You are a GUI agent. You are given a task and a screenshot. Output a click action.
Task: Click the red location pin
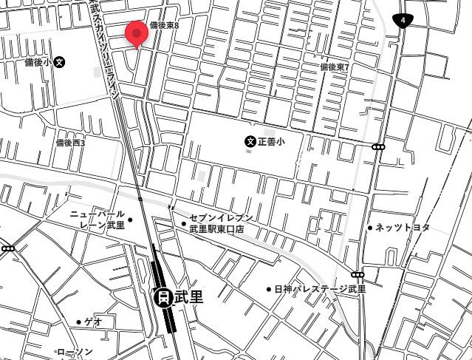[x=136, y=34]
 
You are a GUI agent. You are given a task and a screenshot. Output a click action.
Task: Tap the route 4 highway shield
[x=402, y=21]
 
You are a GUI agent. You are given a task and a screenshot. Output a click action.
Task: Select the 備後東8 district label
[x=164, y=25]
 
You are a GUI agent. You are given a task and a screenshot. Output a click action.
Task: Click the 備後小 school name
[x=38, y=63]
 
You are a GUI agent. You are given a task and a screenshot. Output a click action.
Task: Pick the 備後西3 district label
[x=70, y=143]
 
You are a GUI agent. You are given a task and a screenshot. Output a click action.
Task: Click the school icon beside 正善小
[x=250, y=140]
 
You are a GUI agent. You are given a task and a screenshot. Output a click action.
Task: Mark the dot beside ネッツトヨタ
[x=370, y=228]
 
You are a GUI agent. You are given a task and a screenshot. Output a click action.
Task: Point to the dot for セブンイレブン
[x=183, y=223]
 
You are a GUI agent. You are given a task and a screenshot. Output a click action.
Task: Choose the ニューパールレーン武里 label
[x=98, y=220]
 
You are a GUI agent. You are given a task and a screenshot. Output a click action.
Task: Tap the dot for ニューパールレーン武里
[x=131, y=220]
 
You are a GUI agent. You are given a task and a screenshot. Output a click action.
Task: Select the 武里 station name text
[x=188, y=297]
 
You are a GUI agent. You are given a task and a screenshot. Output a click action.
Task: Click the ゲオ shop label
[x=94, y=322]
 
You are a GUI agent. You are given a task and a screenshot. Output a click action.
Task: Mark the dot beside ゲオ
[x=78, y=322]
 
